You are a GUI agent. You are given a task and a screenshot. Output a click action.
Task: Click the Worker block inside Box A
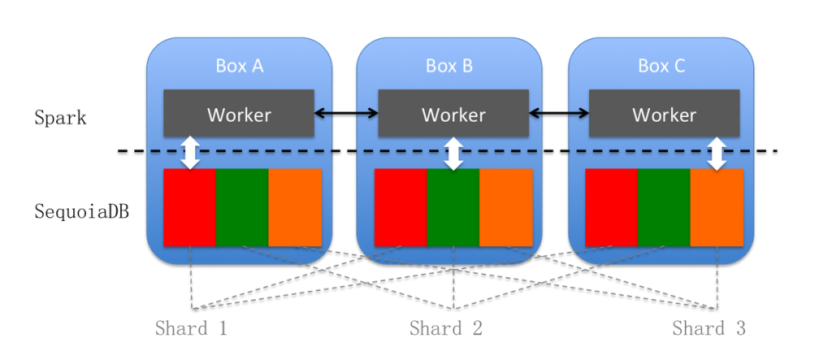coord(239,114)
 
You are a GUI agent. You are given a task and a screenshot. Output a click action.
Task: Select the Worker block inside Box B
coord(453,114)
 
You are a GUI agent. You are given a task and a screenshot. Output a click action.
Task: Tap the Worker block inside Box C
coord(664,114)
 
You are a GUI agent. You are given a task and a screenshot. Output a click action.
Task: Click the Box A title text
coord(239,66)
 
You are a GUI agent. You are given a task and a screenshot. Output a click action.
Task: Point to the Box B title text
coord(449,66)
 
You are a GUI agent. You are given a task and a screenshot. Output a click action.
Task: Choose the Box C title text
coord(661,66)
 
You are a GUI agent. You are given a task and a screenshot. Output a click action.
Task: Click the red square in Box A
coord(189,207)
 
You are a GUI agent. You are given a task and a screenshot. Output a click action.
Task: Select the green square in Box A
coord(241,207)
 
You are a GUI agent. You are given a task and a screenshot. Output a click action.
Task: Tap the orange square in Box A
coord(295,207)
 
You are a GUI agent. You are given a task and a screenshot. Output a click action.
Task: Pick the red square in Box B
coord(401,207)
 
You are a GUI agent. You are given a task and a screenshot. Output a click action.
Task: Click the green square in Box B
coord(453,207)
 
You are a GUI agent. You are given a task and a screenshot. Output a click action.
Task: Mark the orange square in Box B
coord(505,207)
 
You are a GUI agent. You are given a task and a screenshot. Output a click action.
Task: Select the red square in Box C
coord(611,207)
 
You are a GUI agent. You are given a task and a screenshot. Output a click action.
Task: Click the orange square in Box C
coord(717,207)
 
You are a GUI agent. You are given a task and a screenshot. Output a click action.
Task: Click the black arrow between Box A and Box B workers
coord(346,113)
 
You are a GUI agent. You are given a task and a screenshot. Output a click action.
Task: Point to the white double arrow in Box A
coord(190,152)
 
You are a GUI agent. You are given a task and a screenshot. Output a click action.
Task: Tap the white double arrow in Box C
coord(717,153)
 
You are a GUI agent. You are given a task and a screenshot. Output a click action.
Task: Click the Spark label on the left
coord(60,118)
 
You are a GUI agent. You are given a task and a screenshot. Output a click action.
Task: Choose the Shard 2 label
coord(446,329)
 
